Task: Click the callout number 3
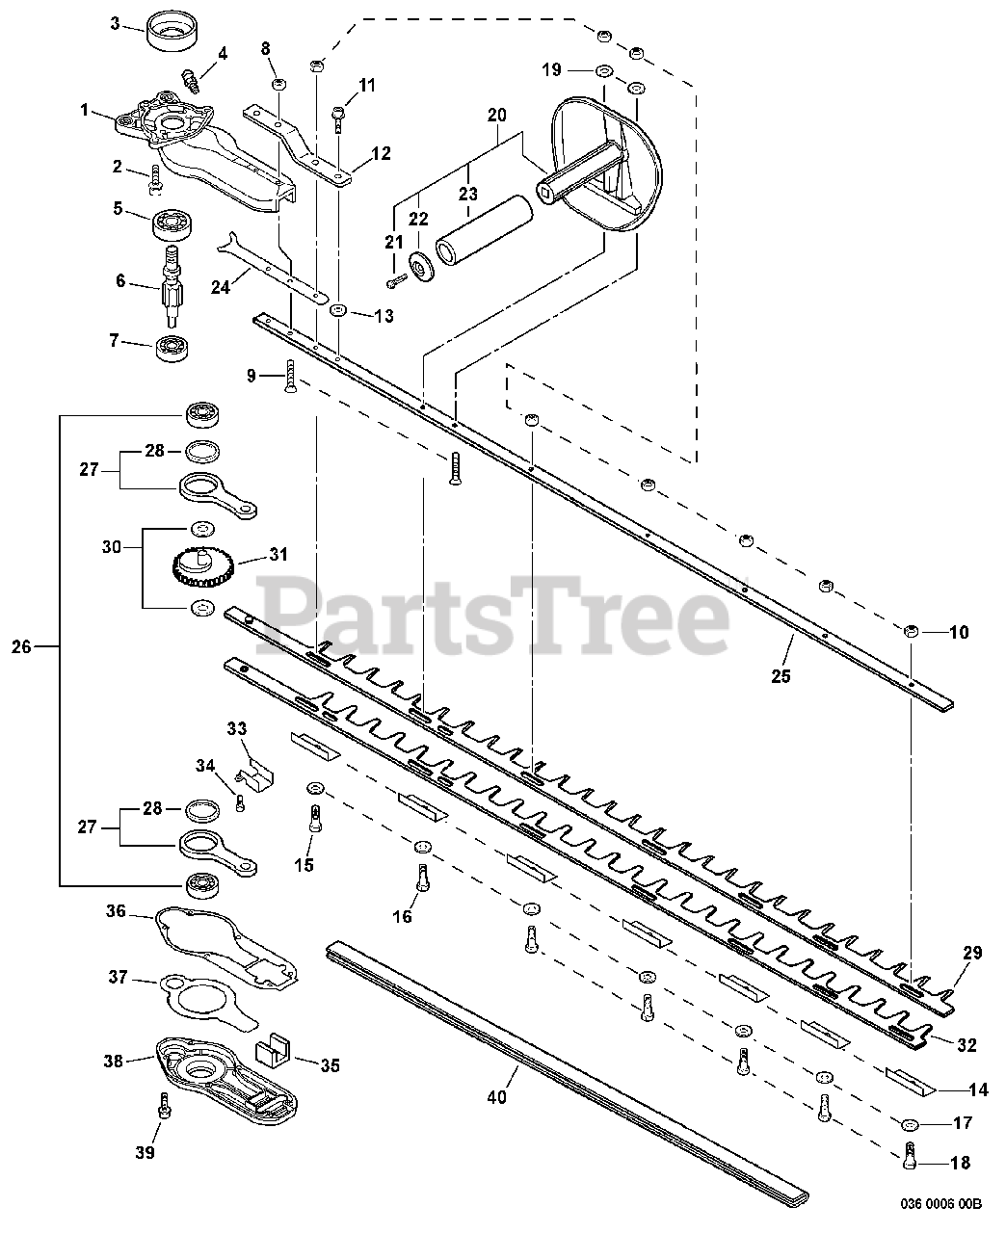coord(115,23)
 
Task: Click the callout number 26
coord(21,647)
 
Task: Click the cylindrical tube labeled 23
coord(482,231)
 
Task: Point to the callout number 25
coord(780,676)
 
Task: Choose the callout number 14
coord(978,1090)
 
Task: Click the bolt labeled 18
coord(910,1156)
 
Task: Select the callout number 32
coord(967,1043)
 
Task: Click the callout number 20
coord(496,115)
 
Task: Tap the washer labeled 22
coord(420,264)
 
